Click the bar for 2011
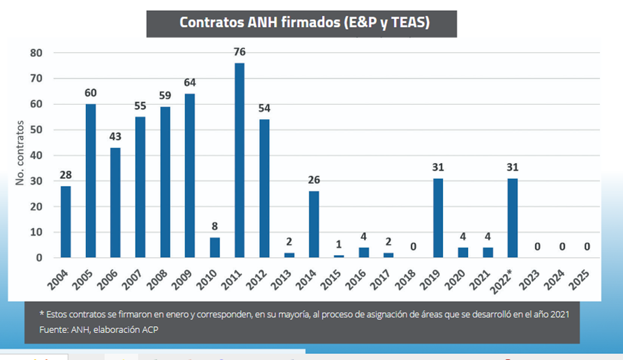click(x=239, y=160)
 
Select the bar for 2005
click(x=90, y=181)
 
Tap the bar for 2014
click(x=314, y=224)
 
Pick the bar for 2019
click(x=438, y=218)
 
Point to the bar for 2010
click(x=214, y=247)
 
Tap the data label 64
click(x=189, y=83)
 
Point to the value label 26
click(x=314, y=181)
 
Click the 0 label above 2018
click(x=413, y=247)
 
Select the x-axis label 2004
click(x=61, y=277)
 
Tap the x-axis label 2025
click(x=584, y=277)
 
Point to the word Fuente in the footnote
click(x=55, y=330)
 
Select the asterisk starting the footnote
click(x=42, y=313)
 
